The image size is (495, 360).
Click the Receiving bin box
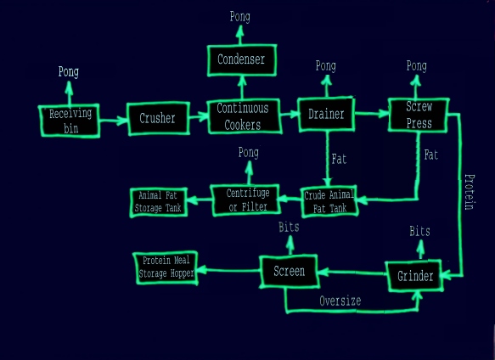(70, 121)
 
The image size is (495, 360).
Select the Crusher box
(158, 118)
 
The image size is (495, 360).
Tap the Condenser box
(242, 60)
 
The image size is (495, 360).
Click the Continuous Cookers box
(244, 116)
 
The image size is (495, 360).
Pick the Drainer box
(326, 114)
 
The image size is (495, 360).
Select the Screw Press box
(419, 115)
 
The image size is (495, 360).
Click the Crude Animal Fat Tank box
(329, 201)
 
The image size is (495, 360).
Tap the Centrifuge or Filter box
(245, 200)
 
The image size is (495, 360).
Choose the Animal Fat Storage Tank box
(159, 202)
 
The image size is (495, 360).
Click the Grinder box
(413, 276)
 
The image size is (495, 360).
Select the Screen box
(288, 271)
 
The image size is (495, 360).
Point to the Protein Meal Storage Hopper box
(166, 267)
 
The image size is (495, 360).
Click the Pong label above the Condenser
(240, 17)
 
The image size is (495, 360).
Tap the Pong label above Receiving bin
(69, 71)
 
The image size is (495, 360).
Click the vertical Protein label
(470, 192)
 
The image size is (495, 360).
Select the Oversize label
(340, 301)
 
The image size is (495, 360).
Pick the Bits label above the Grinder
(419, 231)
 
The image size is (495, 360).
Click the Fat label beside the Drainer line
(339, 159)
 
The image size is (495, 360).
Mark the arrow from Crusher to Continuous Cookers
(199, 116)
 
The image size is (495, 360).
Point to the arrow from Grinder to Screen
(352, 273)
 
